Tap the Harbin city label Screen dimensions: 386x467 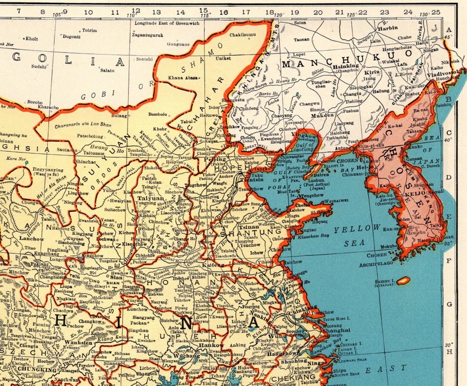tap(387, 28)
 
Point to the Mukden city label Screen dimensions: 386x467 tap(321, 116)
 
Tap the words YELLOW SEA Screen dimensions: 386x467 tap(356, 235)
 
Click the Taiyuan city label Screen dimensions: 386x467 tap(151, 199)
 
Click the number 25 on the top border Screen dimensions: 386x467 tap(435, 11)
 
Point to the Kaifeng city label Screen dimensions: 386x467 tap(212, 266)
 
